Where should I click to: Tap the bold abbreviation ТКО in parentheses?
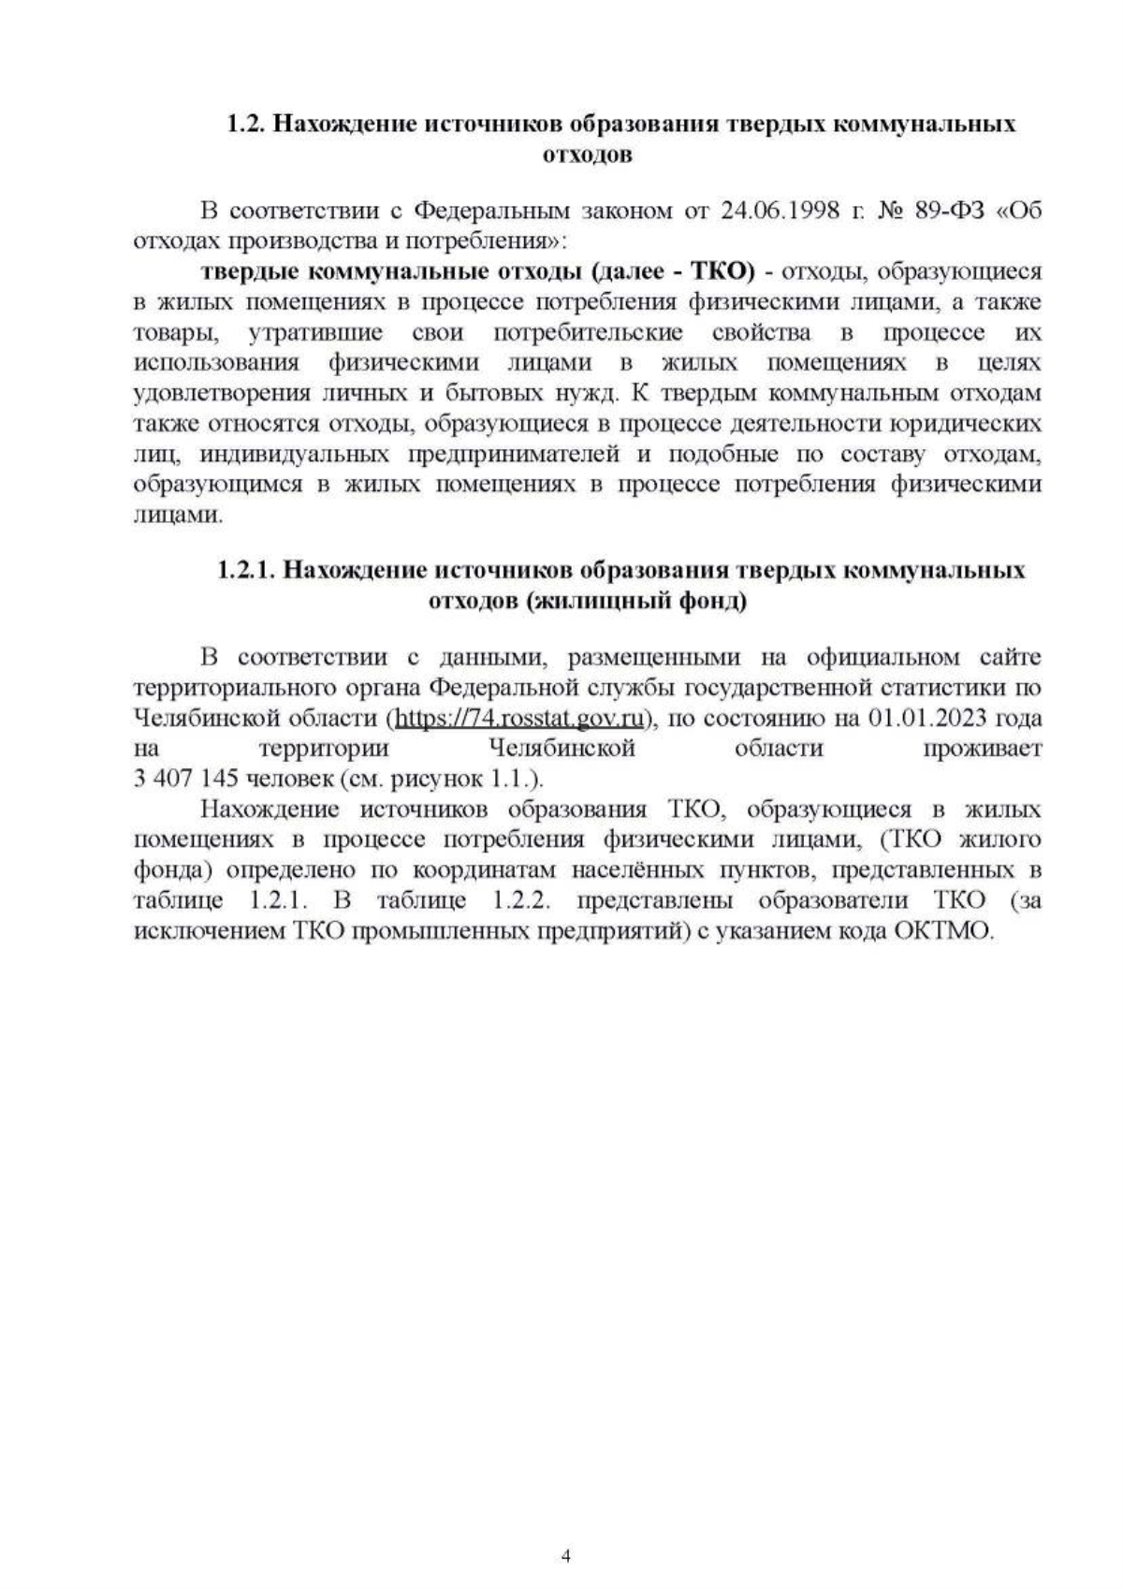(x=721, y=271)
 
